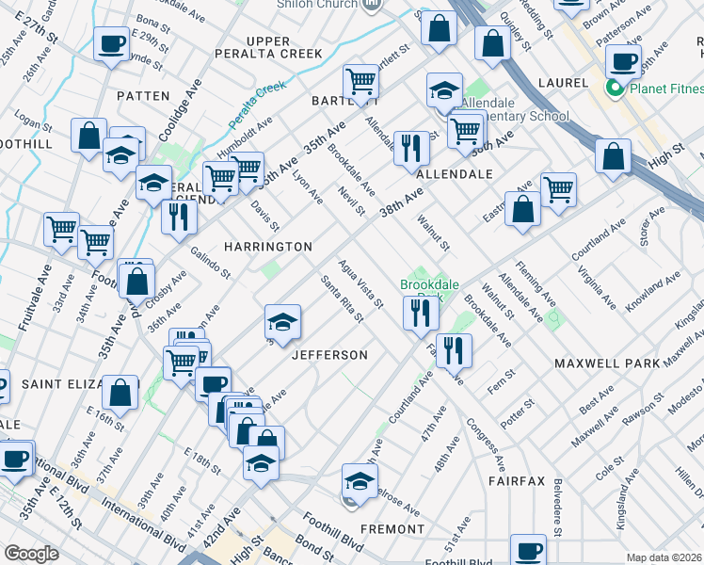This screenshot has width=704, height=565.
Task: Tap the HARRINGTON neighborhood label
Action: [x=267, y=247]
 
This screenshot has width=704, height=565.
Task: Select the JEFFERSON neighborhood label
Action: [x=329, y=355]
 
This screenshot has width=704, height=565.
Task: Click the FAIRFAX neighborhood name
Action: [x=517, y=481]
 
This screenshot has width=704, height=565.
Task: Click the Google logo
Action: [x=31, y=554]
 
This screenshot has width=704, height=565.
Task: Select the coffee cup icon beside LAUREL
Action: [x=622, y=62]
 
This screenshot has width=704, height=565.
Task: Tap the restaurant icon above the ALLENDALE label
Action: [x=411, y=148]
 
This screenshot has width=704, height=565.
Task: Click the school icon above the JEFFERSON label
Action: [x=282, y=322]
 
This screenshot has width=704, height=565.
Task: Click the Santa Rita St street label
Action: [x=342, y=299]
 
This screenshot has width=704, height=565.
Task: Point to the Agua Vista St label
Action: [x=360, y=284]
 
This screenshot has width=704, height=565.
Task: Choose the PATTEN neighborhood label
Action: [x=143, y=96]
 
